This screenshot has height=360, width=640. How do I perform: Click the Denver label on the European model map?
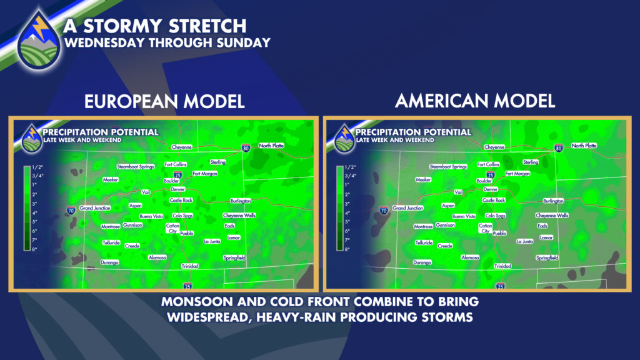pos(177,189)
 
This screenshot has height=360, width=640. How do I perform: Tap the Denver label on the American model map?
pos(490,189)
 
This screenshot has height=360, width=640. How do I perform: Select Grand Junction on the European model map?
pos(95,208)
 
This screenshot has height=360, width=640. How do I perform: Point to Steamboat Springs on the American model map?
pos(448,166)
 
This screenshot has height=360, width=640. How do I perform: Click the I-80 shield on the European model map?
pos(246,148)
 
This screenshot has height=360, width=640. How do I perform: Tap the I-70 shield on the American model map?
pos(384,211)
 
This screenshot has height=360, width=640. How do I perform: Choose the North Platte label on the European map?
pos(271,146)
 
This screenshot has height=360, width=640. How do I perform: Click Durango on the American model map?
pos(422,262)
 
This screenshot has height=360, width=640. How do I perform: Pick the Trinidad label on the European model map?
pos(190,266)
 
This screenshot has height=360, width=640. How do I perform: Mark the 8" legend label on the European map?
pos(35,249)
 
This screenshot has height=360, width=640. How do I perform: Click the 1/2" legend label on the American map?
pos(350,167)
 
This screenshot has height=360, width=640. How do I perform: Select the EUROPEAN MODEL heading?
pos(164,101)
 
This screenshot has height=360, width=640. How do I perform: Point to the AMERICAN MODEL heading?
pos(475,101)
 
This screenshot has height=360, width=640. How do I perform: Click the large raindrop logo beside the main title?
pos(39,40)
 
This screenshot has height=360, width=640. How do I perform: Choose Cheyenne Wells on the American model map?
pos(552,216)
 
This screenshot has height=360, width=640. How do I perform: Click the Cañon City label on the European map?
pos(172,228)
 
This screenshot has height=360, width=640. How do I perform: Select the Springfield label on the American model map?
pos(547,258)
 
